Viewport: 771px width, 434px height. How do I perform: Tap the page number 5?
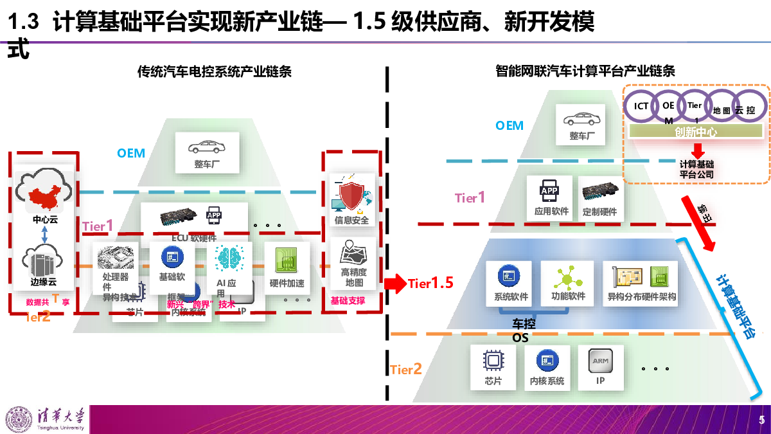point(761,420)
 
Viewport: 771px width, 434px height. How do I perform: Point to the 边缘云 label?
point(44,282)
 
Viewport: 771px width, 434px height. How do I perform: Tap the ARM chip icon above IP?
point(600,361)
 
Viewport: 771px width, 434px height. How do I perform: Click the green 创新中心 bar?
point(695,132)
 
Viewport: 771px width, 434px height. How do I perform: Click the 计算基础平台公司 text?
point(696,169)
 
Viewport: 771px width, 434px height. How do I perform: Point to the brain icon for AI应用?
point(226,258)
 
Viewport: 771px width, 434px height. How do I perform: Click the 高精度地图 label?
point(354,277)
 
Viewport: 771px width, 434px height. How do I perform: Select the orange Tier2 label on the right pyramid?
point(406,369)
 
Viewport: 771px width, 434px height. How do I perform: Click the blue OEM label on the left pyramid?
point(131,153)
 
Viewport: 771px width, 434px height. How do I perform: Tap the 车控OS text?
point(523,330)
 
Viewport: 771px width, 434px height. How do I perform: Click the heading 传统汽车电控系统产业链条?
point(215,71)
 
